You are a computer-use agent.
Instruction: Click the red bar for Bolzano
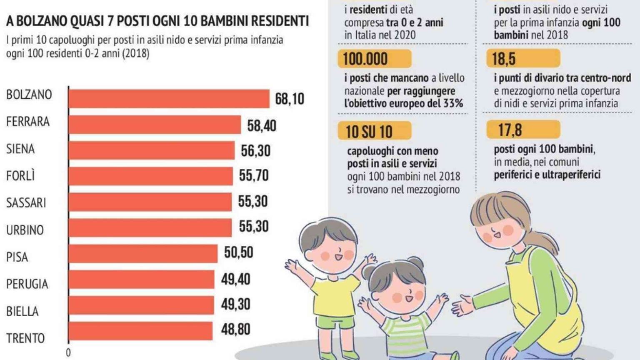pos(169,99)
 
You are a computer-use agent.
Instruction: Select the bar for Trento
pos(140,331)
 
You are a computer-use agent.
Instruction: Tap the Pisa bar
pos(143,253)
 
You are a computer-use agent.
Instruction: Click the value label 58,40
pos(261,125)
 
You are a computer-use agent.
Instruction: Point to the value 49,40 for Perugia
pos(235,279)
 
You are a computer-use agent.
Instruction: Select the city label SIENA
pos(20,149)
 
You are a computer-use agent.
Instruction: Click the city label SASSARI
pos(26,203)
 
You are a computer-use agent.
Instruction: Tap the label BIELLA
pos(22,311)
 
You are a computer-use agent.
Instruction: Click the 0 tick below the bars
pos(68,352)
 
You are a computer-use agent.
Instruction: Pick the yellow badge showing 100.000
pos(374,59)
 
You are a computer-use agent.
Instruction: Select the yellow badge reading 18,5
pos(522,59)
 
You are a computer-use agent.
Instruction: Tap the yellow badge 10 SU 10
pos(374,131)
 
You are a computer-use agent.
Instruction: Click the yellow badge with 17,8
pos(522,130)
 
